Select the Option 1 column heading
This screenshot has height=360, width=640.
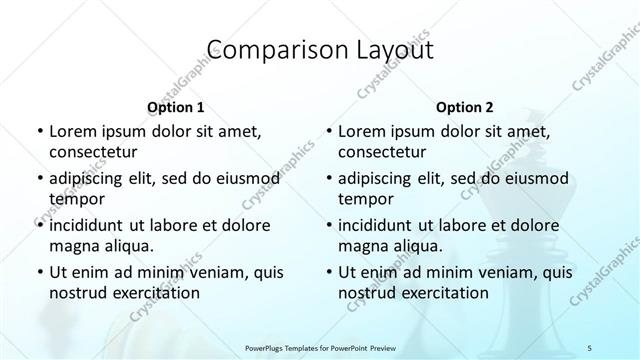tap(176, 107)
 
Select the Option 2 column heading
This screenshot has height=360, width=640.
tap(465, 107)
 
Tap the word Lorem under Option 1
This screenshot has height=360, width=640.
tap(72, 131)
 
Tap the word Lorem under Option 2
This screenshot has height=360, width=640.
tap(361, 131)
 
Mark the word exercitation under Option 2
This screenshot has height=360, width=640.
tap(442, 293)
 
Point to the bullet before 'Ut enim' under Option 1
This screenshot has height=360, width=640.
tap(39, 273)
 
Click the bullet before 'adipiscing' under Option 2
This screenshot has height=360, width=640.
tap(328, 179)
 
